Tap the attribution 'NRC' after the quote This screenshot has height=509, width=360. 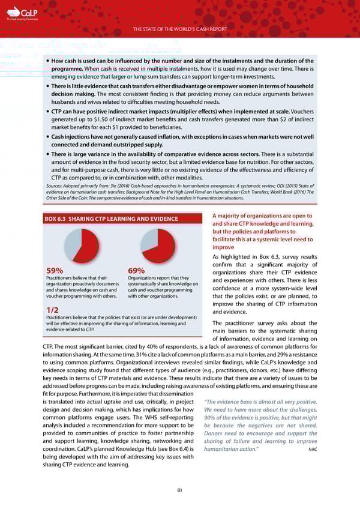click(312, 466)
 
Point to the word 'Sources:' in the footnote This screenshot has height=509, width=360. click(56, 187)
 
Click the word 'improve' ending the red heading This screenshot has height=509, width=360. click(223, 247)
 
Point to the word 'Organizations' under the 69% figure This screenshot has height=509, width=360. click(144, 278)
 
